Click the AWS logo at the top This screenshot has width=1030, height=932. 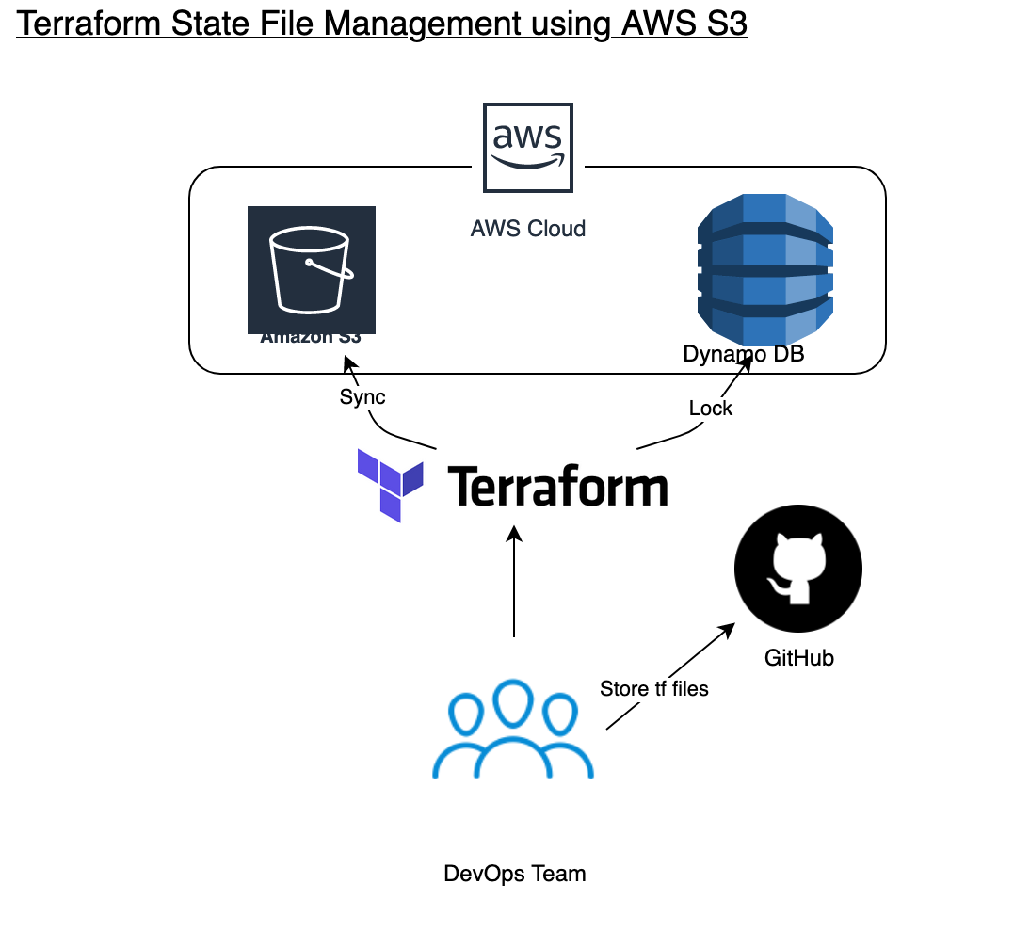(x=527, y=148)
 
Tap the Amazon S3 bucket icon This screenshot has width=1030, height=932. (x=311, y=268)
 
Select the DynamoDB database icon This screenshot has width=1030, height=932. (x=764, y=268)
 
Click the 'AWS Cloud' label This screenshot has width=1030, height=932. (x=527, y=229)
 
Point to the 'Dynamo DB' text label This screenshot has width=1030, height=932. (x=743, y=355)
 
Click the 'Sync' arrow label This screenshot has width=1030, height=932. (x=362, y=397)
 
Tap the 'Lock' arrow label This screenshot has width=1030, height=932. (x=710, y=409)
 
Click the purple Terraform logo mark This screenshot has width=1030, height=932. (x=390, y=485)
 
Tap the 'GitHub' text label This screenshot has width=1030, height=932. (x=798, y=658)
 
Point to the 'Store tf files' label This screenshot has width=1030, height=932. (x=653, y=689)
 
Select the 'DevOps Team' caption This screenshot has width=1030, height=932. (x=514, y=874)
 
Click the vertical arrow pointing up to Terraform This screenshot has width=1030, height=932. (x=514, y=584)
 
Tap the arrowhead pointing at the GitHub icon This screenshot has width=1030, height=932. (x=727, y=630)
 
